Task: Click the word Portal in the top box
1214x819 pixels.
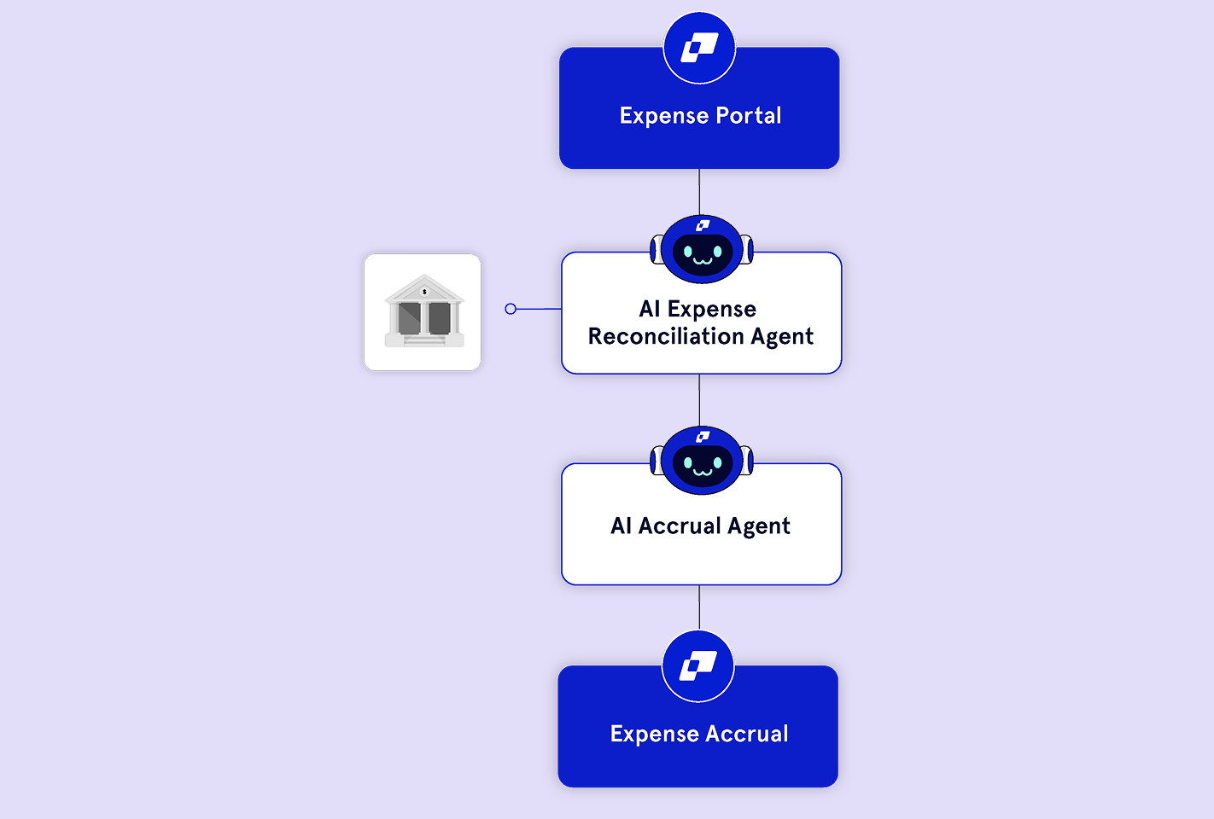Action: pyautogui.click(x=749, y=116)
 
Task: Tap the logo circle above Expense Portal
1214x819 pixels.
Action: pyautogui.click(x=699, y=48)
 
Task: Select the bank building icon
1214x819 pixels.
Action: pyautogui.click(x=423, y=311)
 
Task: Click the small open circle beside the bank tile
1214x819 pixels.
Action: pyautogui.click(x=511, y=309)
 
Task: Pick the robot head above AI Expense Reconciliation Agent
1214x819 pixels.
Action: pyautogui.click(x=702, y=249)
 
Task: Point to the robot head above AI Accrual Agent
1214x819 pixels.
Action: pyautogui.click(x=702, y=461)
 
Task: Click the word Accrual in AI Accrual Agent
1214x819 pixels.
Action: pyautogui.click(x=680, y=526)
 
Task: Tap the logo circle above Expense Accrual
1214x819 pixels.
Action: pyautogui.click(x=698, y=666)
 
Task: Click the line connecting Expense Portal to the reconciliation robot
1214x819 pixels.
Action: pyautogui.click(x=699, y=191)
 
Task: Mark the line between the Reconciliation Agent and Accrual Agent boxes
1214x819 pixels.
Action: pyautogui.click(x=699, y=399)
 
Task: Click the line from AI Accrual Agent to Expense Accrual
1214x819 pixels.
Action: pyautogui.click(x=699, y=607)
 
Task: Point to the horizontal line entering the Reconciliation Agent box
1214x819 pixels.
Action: pyautogui.click(x=539, y=309)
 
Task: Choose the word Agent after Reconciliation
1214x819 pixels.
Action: pyautogui.click(x=782, y=337)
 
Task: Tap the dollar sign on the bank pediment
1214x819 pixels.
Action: pyautogui.click(x=424, y=292)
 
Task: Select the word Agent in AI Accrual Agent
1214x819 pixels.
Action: pyautogui.click(x=759, y=526)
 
